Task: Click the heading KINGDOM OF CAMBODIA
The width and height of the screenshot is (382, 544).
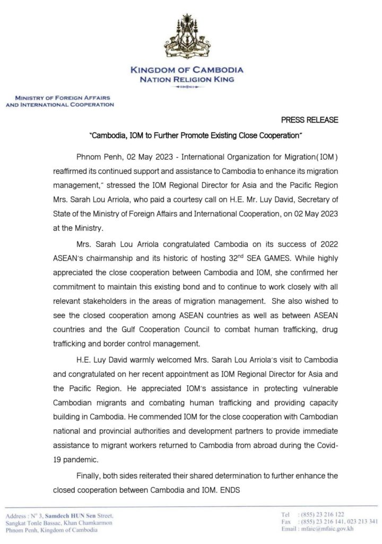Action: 187,70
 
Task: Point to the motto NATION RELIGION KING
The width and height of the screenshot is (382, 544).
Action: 187,80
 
